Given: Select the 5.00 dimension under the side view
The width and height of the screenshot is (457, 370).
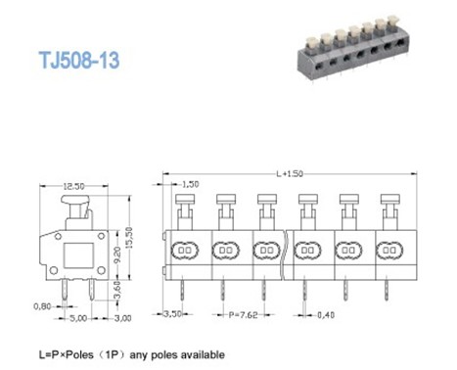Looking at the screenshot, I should tap(77, 318).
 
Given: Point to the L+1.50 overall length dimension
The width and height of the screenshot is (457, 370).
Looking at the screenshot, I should tap(291, 173).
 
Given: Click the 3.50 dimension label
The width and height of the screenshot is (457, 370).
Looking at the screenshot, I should tap(170, 314).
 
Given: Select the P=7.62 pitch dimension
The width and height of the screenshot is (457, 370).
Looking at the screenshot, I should tap(242, 314).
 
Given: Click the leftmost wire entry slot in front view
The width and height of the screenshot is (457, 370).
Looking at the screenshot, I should tap(185, 251).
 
